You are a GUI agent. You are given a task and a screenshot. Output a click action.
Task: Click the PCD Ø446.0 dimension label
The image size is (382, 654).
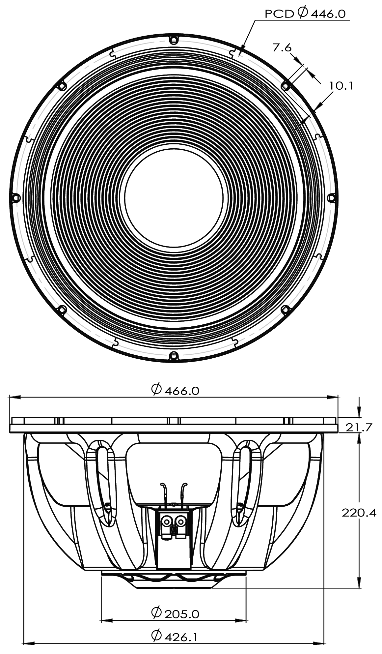tap(305, 14)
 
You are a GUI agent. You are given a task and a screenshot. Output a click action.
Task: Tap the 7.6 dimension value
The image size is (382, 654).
tap(282, 48)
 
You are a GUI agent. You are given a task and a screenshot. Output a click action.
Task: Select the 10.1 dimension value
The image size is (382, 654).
tap(341, 86)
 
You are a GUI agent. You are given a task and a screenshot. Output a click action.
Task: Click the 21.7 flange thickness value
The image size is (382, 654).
tap(359, 427)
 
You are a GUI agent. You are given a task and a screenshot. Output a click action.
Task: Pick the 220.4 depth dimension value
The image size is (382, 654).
tap(359, 513)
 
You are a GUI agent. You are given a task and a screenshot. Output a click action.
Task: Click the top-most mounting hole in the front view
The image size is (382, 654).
tap(174, 40)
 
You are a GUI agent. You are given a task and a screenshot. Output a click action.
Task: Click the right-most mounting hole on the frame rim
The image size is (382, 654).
tap(332, 197)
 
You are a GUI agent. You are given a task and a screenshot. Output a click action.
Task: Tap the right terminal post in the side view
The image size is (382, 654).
tap(181, 521)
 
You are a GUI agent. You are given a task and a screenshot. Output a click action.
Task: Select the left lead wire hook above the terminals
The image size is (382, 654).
tap(163, 487)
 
